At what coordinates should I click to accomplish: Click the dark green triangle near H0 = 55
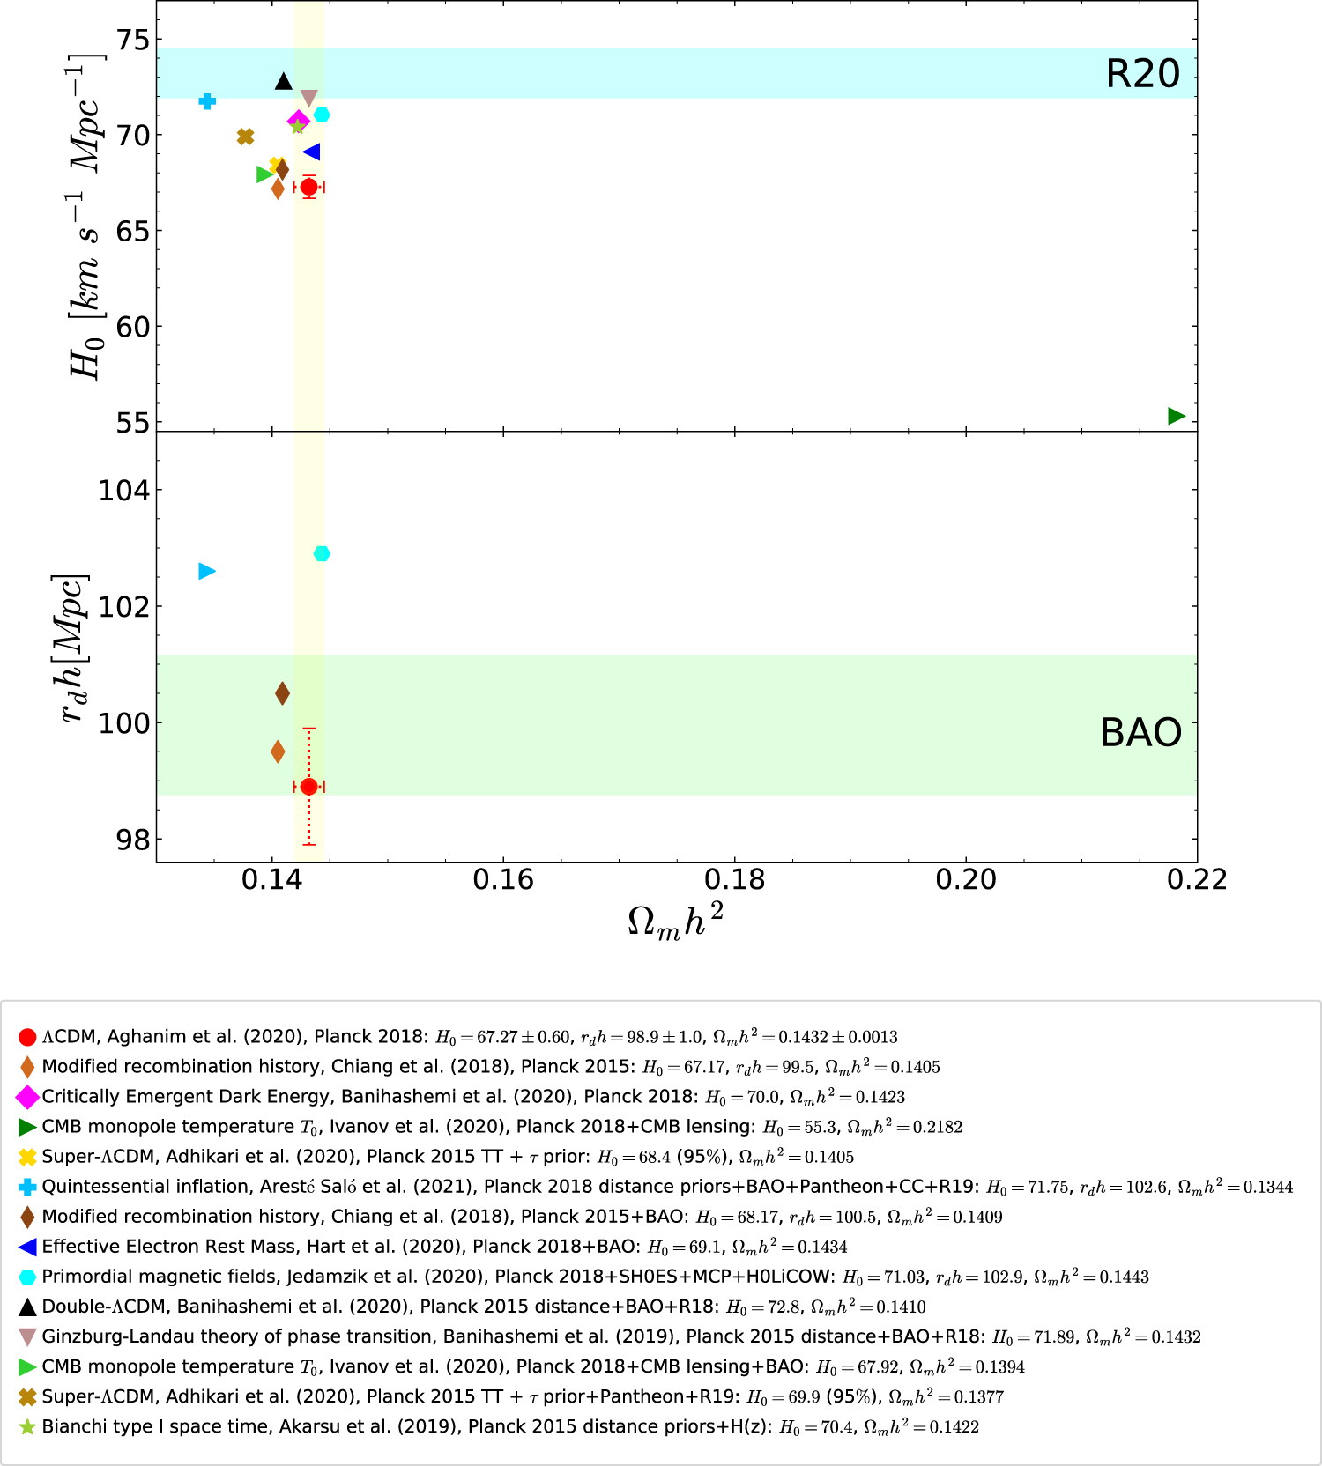1176,416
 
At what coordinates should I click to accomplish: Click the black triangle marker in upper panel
283,81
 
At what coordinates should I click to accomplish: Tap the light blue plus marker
207,101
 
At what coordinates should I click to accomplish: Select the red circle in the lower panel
308,787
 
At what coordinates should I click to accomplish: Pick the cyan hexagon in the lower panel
322,553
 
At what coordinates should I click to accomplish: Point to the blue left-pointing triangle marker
311,152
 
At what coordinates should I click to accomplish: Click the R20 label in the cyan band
1142,73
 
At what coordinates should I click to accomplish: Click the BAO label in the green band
1140,732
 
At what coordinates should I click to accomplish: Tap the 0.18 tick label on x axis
734,879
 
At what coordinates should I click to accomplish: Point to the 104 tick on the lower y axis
124,490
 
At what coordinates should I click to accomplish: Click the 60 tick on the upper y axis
133,327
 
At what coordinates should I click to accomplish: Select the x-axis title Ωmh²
675,922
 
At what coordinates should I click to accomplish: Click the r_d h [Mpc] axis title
72,648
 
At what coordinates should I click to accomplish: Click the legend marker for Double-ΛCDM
27,1307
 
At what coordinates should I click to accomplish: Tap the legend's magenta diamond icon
27,1097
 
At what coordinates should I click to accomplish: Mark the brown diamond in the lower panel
282,693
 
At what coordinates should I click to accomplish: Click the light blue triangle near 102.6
207,571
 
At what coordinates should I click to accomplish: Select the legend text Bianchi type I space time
155,1426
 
